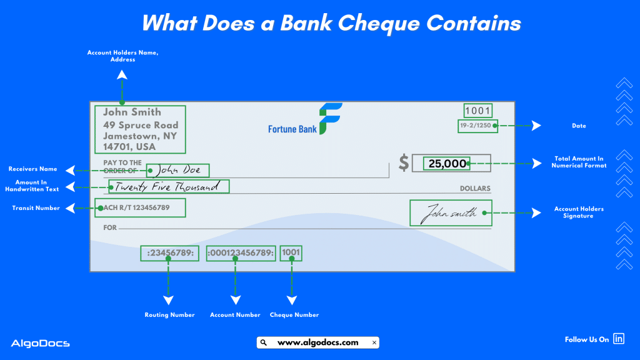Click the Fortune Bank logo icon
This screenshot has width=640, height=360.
tap(330, 119)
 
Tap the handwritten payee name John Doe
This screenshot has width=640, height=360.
tap(178, 170)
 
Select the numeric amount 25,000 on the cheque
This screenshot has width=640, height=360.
tap(447, 164)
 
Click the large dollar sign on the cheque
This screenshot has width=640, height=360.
tap(404, 163)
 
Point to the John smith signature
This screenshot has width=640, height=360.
tap(451, 213)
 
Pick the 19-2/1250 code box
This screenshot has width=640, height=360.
tap(477, 126)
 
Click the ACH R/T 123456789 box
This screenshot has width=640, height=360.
tap(141, 207)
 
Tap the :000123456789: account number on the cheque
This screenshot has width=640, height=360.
tap(241, 253)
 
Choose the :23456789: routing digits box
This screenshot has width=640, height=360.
tap(170, 253)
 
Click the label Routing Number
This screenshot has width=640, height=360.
tap(169, 315)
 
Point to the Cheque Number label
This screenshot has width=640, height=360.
tap(294, 315)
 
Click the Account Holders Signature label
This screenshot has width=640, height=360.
tap(579, 212)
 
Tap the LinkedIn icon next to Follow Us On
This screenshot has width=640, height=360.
tap(619, 339)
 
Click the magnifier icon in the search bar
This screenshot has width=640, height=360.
tap(264, 342)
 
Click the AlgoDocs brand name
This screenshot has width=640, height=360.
tap(40, 343)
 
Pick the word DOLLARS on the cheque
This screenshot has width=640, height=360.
tap(475, 189)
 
